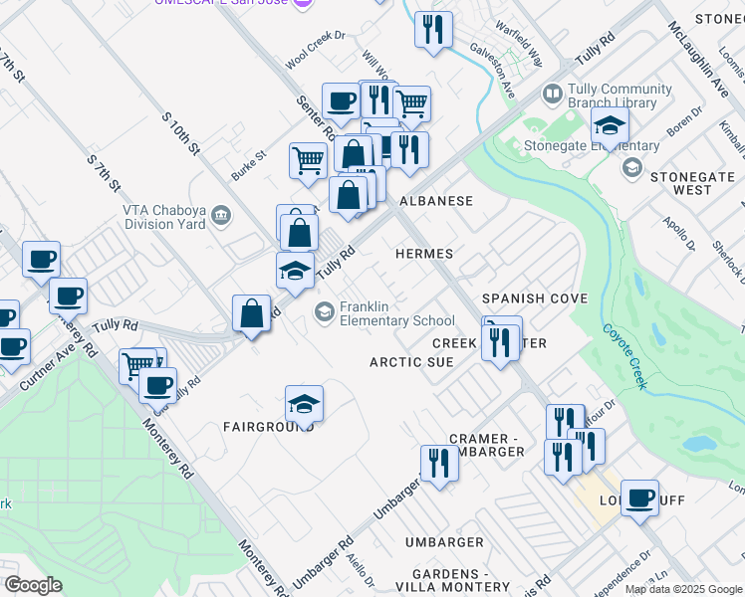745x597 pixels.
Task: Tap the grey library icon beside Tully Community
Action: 553,95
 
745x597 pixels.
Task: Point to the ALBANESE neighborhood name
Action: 436,201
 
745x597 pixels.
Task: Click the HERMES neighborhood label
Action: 424,254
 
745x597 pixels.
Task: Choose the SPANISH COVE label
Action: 534,298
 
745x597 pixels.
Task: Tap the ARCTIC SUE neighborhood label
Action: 411,362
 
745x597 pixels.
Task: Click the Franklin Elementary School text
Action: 396,313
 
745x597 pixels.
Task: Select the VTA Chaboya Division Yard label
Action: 163,216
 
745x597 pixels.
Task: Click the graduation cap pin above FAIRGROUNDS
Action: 304,403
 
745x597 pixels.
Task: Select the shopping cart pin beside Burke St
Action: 309,159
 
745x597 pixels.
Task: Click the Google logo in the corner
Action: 33,585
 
